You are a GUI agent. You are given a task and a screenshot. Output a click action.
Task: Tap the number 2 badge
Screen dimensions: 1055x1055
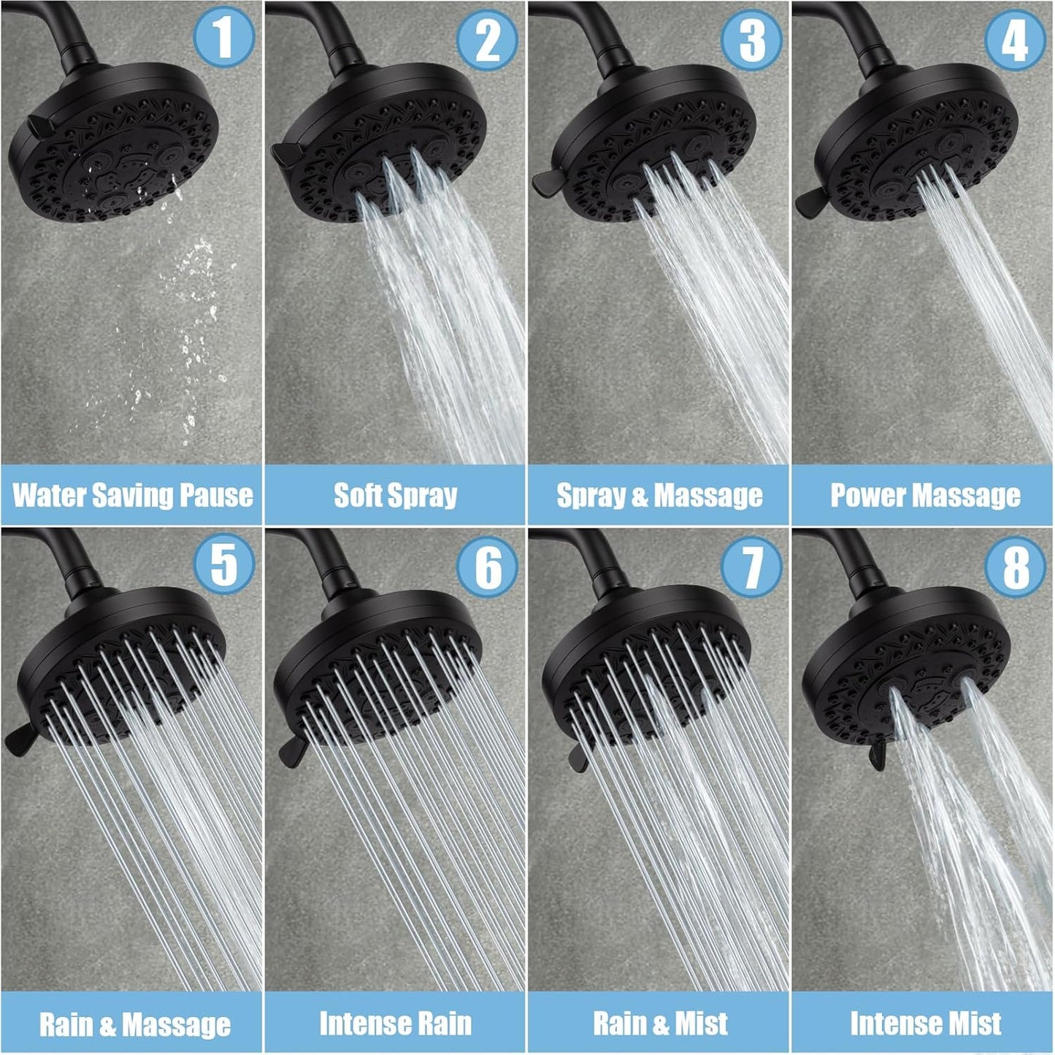tap(487, 39)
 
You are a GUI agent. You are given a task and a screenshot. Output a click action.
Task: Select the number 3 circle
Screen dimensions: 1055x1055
tap(751, 39)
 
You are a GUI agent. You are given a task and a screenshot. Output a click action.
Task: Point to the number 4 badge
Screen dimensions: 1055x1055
tap(1015, 39)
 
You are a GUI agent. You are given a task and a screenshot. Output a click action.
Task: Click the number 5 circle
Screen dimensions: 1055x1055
tap(223, 564)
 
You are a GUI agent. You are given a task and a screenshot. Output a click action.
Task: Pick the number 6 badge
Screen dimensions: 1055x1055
tap(487, 567)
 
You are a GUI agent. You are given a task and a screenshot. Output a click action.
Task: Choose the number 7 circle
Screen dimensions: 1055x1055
tap(751, 567)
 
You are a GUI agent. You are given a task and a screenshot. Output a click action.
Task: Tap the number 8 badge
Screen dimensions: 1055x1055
tap(1015, 567)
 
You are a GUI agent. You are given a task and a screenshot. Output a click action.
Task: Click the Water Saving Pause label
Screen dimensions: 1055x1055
tap(132, 495)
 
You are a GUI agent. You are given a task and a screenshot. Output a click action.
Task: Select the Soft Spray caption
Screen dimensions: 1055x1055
tap(395, 495)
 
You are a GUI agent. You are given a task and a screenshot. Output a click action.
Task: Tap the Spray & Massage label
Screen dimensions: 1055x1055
tap(659, 496)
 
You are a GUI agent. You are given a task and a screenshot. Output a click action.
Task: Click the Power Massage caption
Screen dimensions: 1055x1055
tap(924, 496)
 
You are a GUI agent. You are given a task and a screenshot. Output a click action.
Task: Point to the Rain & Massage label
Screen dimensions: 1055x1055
tap(134, 1024)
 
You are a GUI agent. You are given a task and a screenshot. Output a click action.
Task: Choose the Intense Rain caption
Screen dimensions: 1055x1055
tap(395, 1023)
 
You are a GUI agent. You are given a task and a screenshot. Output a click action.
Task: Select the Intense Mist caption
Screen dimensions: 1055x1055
tap(924, 1023)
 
